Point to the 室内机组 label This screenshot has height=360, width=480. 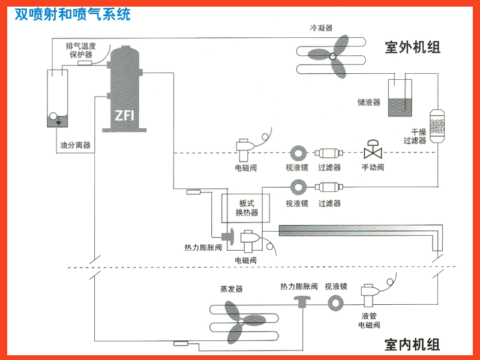[x=413, y=344]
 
